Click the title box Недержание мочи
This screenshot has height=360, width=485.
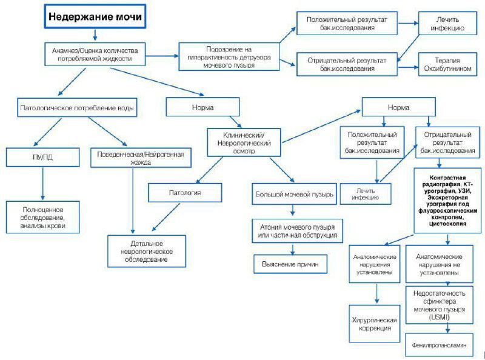click(95, 16)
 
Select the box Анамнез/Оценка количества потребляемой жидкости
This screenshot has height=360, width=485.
click(95, 55)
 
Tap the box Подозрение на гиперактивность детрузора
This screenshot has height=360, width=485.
click(229, 57)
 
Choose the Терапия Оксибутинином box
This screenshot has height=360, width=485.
click(447, 64)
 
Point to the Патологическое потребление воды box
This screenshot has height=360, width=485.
click(77, 108)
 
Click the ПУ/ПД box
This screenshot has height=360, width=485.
click(42, 157)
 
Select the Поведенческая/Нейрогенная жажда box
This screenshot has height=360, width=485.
click(141, 158)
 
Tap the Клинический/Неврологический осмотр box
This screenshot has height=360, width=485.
click(244, 142)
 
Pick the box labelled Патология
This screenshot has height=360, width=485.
click(185, 193)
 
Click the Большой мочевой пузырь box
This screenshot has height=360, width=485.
click(294, 194)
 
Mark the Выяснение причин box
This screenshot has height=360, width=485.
click(290, 264)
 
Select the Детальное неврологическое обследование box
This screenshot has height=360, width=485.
click(147, 251)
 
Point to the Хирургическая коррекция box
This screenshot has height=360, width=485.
click(375, 324)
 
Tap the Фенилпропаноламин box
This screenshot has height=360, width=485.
click(439, 345)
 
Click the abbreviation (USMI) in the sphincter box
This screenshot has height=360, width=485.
click(439, 317)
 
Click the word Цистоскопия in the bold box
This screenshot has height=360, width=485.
click(447, 224)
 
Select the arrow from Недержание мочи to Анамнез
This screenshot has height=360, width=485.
click(95, 35)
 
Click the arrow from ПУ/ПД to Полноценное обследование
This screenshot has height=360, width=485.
click(42, 184)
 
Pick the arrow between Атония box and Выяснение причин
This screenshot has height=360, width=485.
click(293, 249)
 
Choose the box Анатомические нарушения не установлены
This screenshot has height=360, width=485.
click(439, 264)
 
